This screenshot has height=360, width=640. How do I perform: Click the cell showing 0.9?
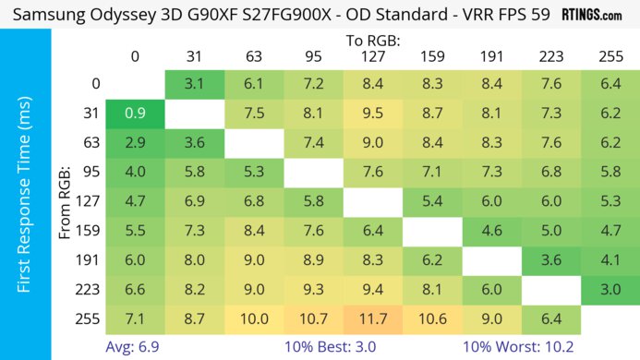[x=135, y=114]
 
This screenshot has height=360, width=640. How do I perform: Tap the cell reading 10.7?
[x=313, y=320]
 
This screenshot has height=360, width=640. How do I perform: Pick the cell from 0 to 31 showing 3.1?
[x=195, y=84]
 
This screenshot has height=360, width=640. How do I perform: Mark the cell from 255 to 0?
[x=135, y=320]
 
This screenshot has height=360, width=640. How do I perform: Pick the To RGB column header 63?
[x=254, y=56]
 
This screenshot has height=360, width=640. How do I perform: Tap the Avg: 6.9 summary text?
[x=135, y=348]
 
